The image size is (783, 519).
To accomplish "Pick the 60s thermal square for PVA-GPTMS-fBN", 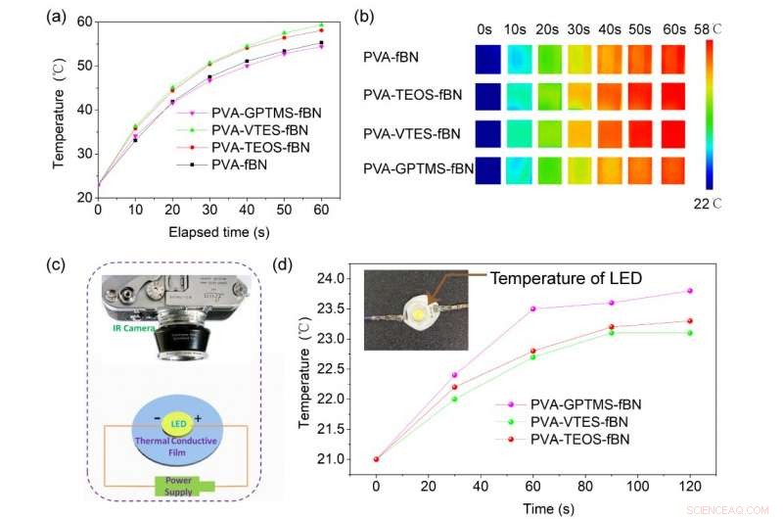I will coord(675,168).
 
